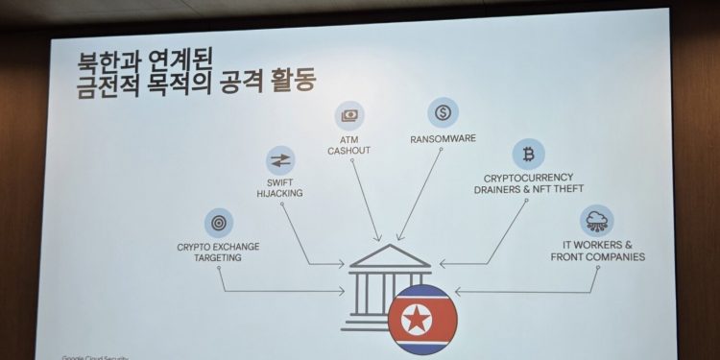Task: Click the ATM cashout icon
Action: (349, 116)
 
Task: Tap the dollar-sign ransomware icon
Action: (443, 111)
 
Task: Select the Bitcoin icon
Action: (528, 154)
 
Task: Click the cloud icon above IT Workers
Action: (596, 220)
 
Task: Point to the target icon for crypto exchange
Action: (218, 223)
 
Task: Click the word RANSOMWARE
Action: (443, 138)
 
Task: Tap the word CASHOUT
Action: (348, 152)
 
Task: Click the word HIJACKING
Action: (279, 194)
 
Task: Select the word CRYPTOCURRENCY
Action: (529, 178)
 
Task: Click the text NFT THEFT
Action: (556, 189)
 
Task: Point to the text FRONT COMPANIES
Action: (597, 257)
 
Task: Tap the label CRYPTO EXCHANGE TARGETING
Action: (218, 252)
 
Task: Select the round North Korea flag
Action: (422, 319)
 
